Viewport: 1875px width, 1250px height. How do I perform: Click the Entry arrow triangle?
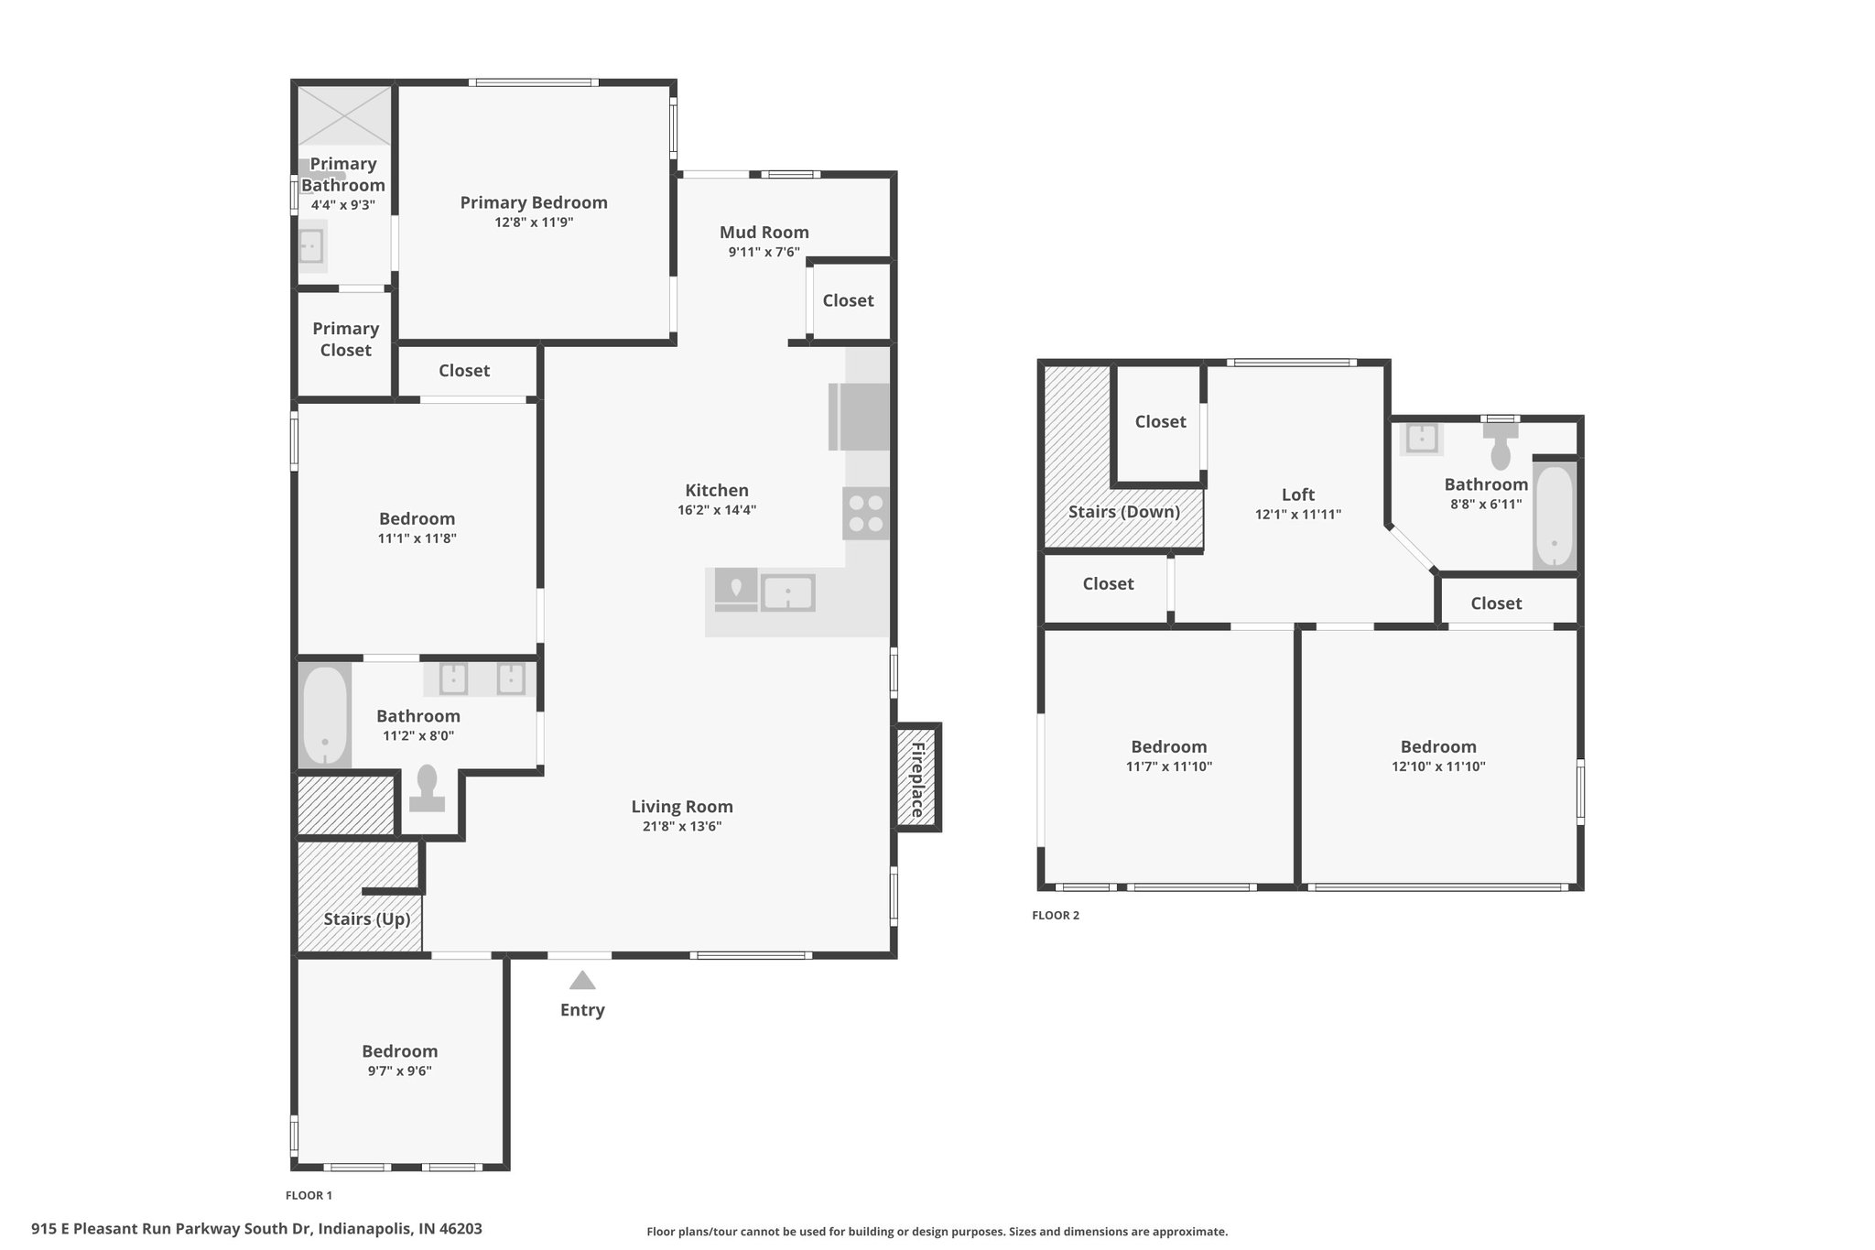point(582,981)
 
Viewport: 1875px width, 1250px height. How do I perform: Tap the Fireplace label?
point(917,778)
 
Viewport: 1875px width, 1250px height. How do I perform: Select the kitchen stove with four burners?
point(866,513)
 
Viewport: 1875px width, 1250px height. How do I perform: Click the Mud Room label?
point(764,233)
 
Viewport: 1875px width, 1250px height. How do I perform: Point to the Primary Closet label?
point(346,339)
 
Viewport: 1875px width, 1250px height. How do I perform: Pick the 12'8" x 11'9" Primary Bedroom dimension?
point(534,223)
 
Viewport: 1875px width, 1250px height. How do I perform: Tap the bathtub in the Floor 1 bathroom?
point(325,716)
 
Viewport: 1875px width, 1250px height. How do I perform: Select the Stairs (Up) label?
point(367,919)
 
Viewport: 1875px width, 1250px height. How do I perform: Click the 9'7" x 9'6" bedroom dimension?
point(400,1071)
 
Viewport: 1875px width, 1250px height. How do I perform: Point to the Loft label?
point(1298,495)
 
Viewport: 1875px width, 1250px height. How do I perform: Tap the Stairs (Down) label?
point(1124,512)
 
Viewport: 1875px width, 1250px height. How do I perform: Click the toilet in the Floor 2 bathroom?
point(1501,445)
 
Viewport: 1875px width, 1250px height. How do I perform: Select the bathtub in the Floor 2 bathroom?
point(1555,516)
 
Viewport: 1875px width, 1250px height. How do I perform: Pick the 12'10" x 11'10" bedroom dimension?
point(1438,766)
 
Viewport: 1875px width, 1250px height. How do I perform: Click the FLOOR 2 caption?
point(1056,916)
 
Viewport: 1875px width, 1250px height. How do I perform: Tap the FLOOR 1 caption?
point(309,1195)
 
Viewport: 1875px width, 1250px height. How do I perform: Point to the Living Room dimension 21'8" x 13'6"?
point(682,826)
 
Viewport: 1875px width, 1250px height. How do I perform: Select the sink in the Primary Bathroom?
point(312,246)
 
